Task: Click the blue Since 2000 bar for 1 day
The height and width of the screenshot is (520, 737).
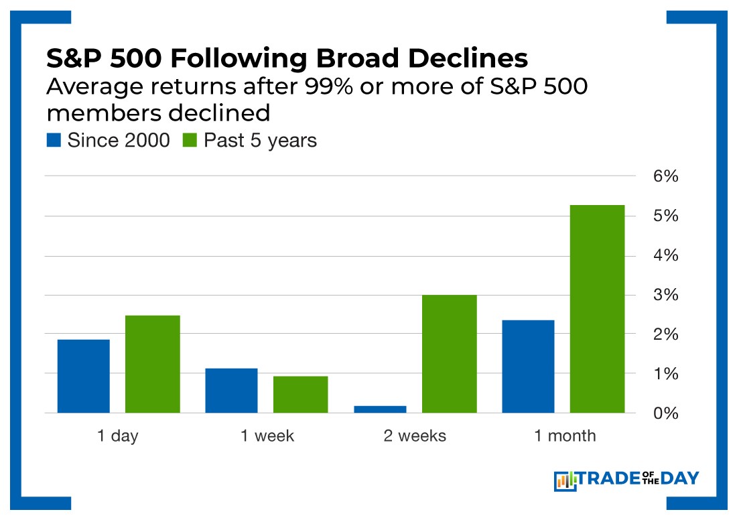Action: (x=84, y=376)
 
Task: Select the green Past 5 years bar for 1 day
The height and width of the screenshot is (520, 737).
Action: (x=153, y=364)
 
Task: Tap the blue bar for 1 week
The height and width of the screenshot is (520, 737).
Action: (x=231, y=391)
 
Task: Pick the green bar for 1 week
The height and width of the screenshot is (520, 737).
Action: (x=300, y=395)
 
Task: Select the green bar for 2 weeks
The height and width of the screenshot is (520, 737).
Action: (x=449, y=354)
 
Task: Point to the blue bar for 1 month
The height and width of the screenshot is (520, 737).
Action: (x=528, y=367)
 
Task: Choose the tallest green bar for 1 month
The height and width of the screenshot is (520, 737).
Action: (x=597, y=309)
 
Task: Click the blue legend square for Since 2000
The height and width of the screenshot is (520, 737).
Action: (x=54, y=140)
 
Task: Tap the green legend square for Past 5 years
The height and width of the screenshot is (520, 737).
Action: (x=190, y=140)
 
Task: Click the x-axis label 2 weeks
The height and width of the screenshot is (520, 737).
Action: (x=415, y=436)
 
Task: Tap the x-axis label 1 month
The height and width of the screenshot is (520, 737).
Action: (x=564, y=436)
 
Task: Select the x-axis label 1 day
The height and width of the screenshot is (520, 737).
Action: (x=117, y=436)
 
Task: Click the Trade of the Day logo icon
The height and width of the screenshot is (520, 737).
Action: (x=565, y=480)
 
